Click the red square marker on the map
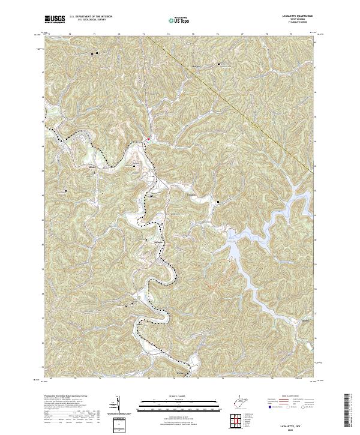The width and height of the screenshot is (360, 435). [x=148, y=138]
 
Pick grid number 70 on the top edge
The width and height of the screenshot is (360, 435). [x=70, y=35]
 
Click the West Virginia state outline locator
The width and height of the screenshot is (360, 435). [x=242, y=401]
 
